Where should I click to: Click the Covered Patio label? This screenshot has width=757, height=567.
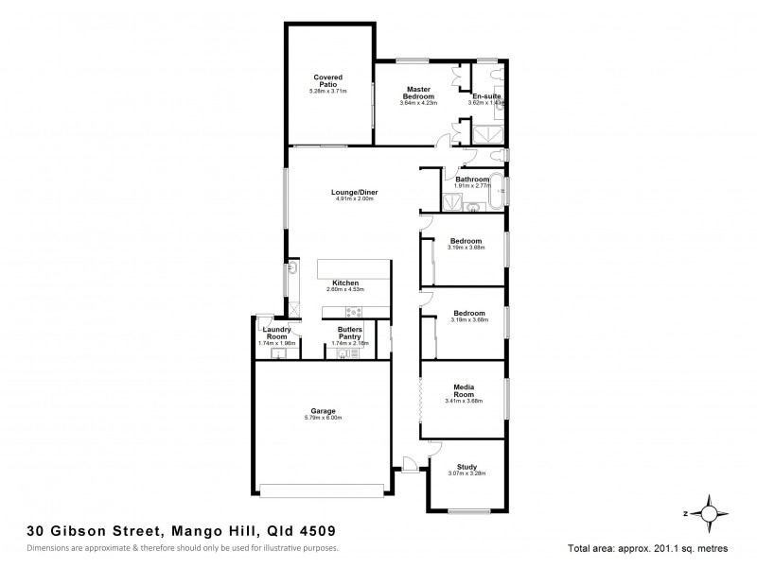coord(328,80)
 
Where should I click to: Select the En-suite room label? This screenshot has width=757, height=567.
coord(486,95)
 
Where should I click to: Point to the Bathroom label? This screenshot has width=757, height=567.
coord(472,179)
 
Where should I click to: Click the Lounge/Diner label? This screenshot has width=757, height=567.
coord(350,192)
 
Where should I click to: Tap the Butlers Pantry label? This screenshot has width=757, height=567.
coord(350,333)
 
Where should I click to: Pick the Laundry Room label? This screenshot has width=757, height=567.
coord(276,333)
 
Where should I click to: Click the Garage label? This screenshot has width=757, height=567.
coord(323,410)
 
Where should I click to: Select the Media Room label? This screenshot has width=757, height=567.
coord(464,389)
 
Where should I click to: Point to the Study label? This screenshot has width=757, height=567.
coord(467,465)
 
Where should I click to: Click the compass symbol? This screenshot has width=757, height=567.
coord(709,512)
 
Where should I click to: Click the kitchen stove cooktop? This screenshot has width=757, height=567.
coord(354,312)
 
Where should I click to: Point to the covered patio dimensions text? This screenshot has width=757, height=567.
coord(328,92)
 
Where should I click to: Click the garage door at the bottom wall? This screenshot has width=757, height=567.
coord(323,489)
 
